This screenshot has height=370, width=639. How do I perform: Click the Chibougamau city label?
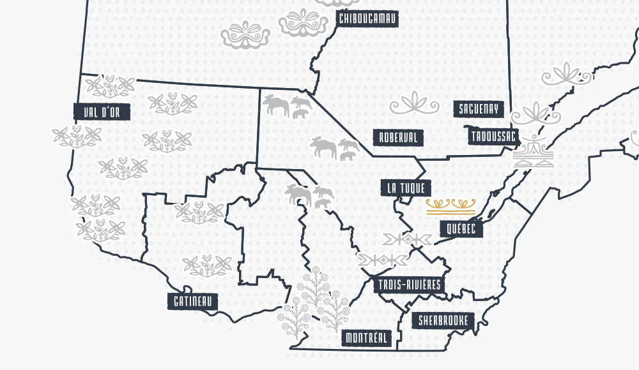click(x=367, y=18)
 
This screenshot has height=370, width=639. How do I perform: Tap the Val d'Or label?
click(x=102, y=112)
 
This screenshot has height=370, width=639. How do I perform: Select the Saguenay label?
click(x=478, y=109)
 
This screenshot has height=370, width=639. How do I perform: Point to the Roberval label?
click(x=397, y=137)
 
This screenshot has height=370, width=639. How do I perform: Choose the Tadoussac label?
click(x=494, y=137)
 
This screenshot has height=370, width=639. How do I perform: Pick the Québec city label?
click(x=461, y=229)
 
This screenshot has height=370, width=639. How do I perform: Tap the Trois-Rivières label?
click(x=409, y=285)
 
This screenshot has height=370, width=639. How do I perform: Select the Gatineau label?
click(x=192, y=301)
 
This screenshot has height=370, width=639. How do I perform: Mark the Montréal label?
click(x=367, y=337)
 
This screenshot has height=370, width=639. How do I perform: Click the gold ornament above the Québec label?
click(x=451, y=205)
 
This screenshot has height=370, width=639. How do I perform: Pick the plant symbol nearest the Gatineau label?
click(x=206, y=265)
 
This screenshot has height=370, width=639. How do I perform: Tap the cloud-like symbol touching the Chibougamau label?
click(x=304, y=23)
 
